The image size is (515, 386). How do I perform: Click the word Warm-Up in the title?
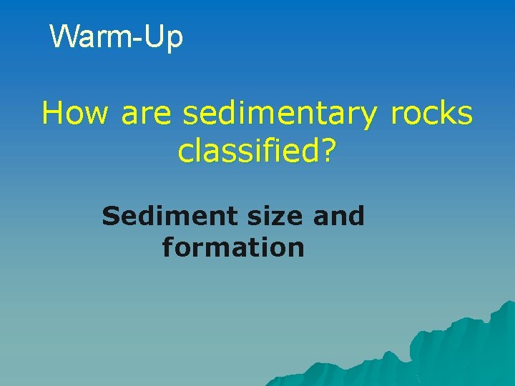tap(117, 37)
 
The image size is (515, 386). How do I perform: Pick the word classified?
tap(247, 150)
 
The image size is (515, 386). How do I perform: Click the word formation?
tap(233, 248)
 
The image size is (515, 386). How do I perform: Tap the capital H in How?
tap(52, 113)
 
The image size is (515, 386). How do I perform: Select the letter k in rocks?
tap(446, 113)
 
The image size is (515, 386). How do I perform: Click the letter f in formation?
tap(167, 247)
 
